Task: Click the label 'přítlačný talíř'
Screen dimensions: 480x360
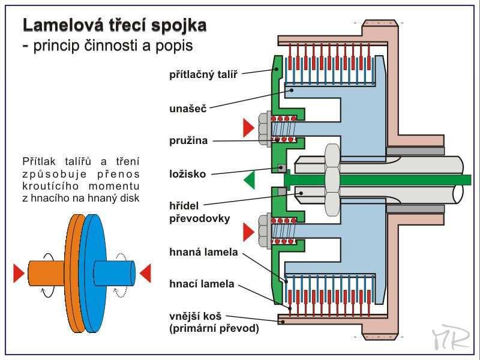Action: (203, 74)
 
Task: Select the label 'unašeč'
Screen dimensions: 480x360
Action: (188, 109)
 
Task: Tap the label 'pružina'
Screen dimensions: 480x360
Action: (188, 141)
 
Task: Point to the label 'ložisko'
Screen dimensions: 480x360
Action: (187, 174)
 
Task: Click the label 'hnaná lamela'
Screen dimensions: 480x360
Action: (203, 252)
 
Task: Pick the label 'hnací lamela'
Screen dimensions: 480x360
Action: (202, 284)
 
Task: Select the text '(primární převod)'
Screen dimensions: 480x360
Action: (214, 328)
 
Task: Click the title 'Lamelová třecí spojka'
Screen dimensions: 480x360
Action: (115, 25)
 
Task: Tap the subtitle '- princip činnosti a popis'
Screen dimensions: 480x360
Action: (108, 46)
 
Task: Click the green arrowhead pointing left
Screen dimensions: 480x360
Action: (249, 180)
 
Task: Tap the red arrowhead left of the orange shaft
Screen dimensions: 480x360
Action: (19, 273)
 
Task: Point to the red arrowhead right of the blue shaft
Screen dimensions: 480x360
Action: (145, 273)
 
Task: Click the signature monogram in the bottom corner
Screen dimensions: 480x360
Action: (451, 337)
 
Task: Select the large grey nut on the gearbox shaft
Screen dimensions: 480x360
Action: (332, 180)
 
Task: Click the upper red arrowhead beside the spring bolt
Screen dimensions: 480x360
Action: (248, 128)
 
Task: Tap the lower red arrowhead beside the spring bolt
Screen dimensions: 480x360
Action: (248, 232)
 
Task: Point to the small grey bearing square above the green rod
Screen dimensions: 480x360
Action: (281, 168)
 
